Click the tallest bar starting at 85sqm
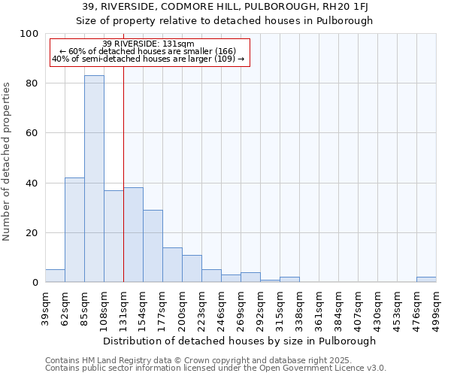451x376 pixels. pyautogui.click(x=94, y=179)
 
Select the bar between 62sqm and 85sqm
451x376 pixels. pyautogui.click(x=74, y=230)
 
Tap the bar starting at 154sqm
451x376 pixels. pyautogui.click(x=153, y=246)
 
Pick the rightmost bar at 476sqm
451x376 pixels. pyautogui.click(x=426, y=280)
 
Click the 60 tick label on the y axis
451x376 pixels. pyautogui.click(x=32, y=133)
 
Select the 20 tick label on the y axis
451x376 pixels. pyautogui.click(x=32, y=233)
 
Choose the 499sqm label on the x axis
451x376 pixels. pyautogui.click(x=436, y=307)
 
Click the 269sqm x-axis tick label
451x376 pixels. pyautogui.click(x=241, y=307)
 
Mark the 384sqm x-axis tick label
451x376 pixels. pyautogui.click(x=338, y=307)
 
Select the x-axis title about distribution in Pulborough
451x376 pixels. pyautogui.click(x=240, y=341)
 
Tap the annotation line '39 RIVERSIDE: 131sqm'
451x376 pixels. pyautogui.click(x=148, y=44)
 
